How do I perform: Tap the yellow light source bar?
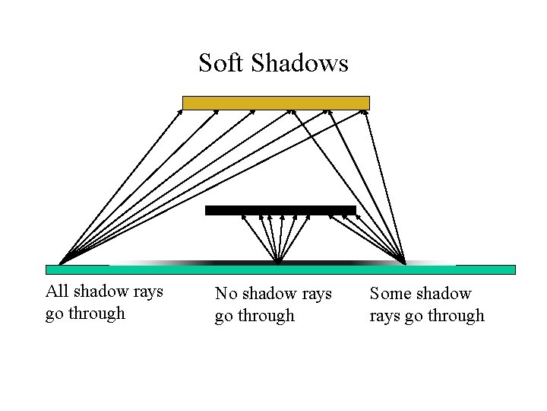[x=276, y=103]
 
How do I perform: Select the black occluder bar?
[x=280, y=211]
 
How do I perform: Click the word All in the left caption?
[x=56, y=292]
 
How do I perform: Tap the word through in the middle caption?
[x=266, y=315]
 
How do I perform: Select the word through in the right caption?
[x=456, y=315]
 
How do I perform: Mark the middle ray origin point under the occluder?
[x=278, y=263]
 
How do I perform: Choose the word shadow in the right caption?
[x=444, y=293]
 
